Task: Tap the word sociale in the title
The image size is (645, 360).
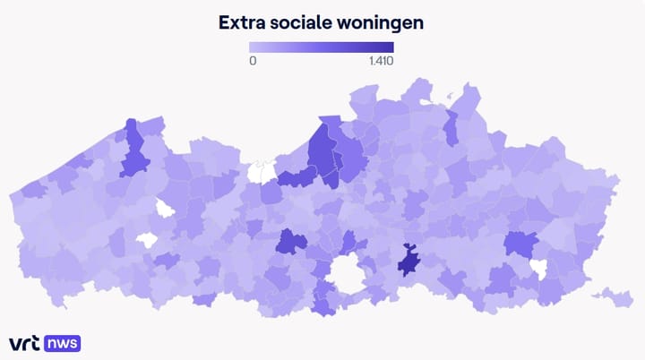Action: click(309, 22)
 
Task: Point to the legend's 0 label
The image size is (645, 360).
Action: click(253, 61)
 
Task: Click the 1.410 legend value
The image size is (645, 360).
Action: click(381, 61)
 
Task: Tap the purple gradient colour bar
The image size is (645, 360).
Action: click(322, 47)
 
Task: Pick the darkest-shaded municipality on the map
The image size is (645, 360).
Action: click(411, 261)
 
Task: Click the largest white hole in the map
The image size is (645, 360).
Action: click(346, 273)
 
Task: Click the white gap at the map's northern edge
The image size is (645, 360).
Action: click(262, 170)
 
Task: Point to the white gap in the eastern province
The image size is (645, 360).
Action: click(538, 268)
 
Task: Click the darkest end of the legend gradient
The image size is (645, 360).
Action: click(390, 47)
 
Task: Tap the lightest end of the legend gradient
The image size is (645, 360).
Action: click(254, 47)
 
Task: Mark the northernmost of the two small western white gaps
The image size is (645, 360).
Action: click(165, 209)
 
